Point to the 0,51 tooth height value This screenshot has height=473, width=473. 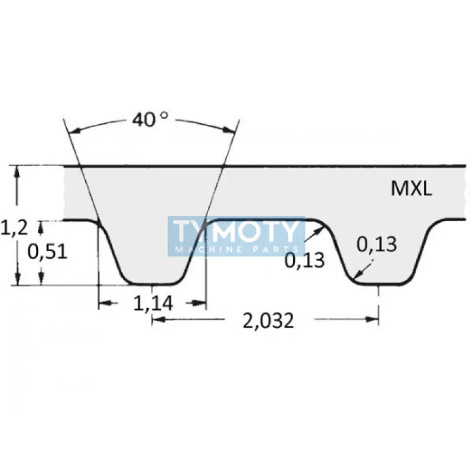47,252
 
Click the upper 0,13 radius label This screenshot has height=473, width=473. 376,244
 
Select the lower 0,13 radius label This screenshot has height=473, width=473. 305,260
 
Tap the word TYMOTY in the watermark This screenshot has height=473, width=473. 237,231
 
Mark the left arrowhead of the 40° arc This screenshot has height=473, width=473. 73,131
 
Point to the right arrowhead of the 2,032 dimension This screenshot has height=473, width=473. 373,319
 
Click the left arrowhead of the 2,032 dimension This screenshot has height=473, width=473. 157,319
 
